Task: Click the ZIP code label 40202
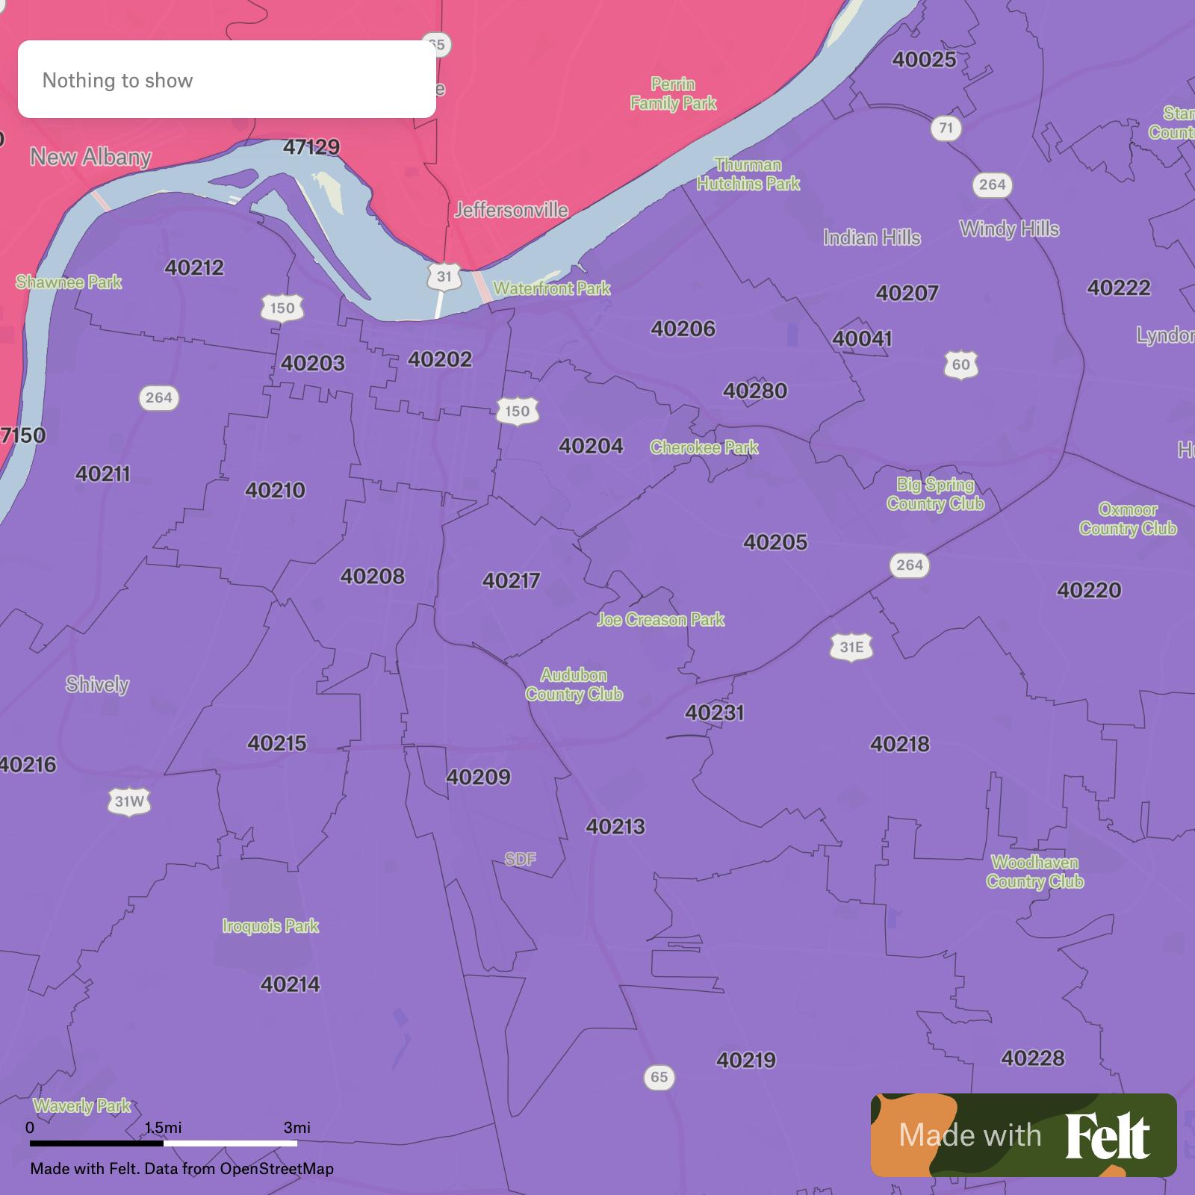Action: pos(440,359)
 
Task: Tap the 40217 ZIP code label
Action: pos(511,580)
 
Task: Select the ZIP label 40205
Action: pos(775,542)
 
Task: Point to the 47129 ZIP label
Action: pos(311,147)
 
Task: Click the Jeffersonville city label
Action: pos(512,210)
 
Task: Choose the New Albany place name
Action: pos(90,157)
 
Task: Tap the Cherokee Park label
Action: pos(704,447)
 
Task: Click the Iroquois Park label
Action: pos(270,926)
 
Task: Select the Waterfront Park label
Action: pos(551,288)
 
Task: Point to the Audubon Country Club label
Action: pos(574,685)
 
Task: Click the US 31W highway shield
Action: pos(129,802)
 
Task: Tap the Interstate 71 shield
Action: pos(946,128)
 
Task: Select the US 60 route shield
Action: pos(960,365)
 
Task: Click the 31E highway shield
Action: pos(851,647)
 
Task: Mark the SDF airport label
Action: pos(520,859)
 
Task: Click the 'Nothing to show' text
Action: pos(117,81)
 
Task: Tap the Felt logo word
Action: pos(1108,1136)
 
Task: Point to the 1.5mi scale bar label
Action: pos(163,1127)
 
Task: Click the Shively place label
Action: pos(97,685)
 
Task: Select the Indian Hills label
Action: pos(872,238)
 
